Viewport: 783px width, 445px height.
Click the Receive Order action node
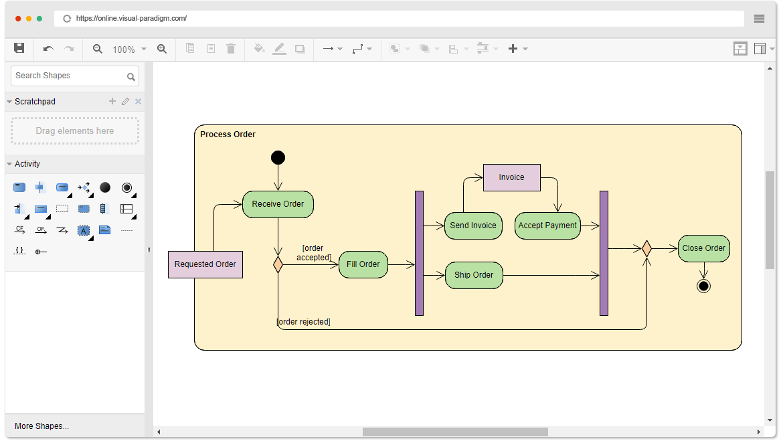[x=278, y=204]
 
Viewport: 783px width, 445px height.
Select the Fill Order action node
[x=363, y=264]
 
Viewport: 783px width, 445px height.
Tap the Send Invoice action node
[x=473, y=226]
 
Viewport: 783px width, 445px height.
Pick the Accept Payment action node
[x=547, y=226]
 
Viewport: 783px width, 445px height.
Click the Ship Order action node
[x=473, y=275]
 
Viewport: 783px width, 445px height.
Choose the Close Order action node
[x=703, y=248]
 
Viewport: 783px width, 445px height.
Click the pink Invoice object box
[x=511, y=177]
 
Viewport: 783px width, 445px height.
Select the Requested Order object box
[x=205, y=264]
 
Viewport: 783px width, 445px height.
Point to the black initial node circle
[x=278, y=158]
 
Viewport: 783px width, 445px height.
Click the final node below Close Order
[x=703, y=286]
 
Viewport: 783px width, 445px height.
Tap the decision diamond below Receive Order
[x=278, y=264]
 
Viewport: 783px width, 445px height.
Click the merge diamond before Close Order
[x=646, y=248]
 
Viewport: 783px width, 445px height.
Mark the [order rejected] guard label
[x=304, y=322]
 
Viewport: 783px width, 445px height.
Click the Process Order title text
[x=228, y=135]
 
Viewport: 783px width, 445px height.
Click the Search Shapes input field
[x=75, y=76]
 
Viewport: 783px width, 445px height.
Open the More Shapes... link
[x=42, y=426]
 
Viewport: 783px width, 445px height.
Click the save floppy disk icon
[x=19, y=48]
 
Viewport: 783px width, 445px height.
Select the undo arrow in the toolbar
[x=48, y=48]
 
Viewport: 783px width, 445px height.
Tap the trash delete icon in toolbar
[x=231, y=48]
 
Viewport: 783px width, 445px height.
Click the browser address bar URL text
[x=131, y=19]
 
